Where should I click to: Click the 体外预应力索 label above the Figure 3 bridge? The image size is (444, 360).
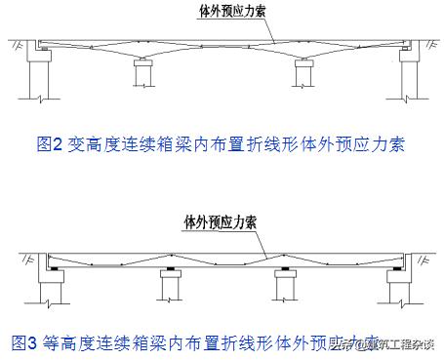click(x=221, y=222)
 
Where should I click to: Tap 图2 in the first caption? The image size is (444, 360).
click(x=50, y=144)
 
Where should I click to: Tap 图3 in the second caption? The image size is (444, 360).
click(x=23, y=342)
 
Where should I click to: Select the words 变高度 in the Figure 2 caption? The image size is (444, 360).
click(x=91, y=144)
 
